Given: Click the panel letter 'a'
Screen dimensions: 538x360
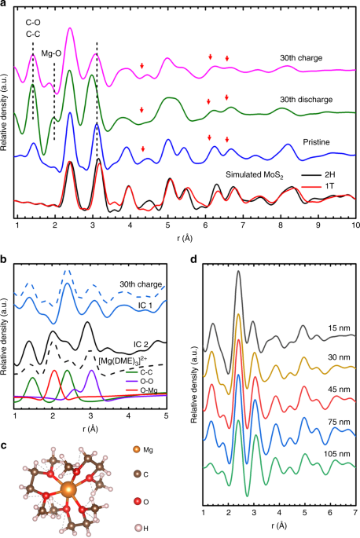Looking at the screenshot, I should pyautogui.click(x=4, y=5).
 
